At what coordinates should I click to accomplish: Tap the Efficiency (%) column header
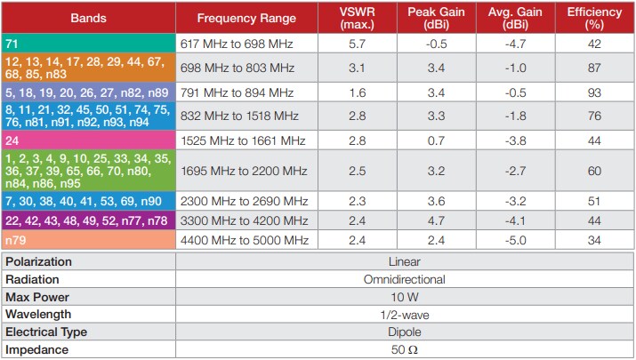coord(595,18)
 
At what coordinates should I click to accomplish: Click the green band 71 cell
coord(88,44)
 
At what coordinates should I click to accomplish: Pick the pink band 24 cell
coord(88,140)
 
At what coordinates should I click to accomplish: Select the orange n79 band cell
coord(88,241)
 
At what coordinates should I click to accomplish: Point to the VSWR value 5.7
coord(358,44)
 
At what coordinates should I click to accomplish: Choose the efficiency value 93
coord(595,92)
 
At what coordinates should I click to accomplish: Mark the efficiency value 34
coord(595,241)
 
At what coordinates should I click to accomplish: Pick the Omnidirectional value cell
coord(404,279)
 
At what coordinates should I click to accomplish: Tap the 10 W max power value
coord(404,297)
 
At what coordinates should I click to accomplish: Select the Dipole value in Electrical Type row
coord(404,332)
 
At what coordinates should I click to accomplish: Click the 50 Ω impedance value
coord(404,349)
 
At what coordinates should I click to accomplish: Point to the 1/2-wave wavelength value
coord(404,314)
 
